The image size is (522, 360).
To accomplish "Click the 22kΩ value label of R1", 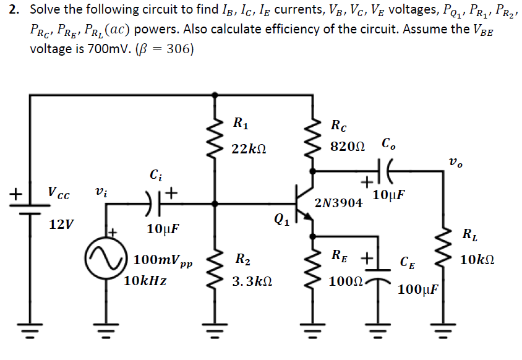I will click(249, 148).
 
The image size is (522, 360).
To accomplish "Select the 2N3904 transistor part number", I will click(338, 204).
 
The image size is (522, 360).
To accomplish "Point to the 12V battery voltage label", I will click(61, 225).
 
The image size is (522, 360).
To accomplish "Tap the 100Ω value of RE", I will click(345, 281).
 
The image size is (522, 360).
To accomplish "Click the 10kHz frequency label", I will click(146, 280).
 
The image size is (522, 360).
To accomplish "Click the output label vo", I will click(455, 163).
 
